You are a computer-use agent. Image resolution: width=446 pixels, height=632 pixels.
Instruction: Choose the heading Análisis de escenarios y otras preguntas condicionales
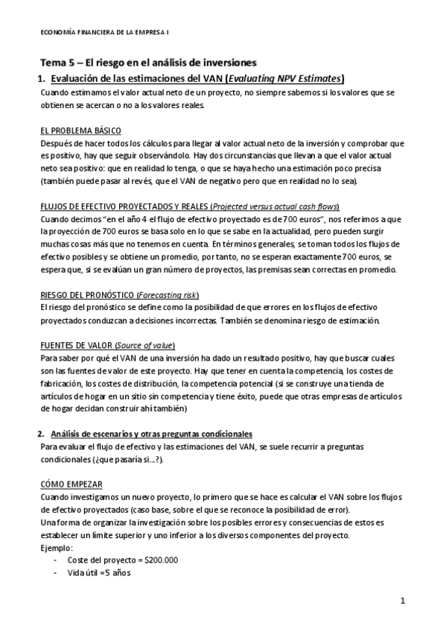(x=152, y=434)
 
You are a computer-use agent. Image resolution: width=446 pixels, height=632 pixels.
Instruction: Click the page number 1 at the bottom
(x=403, y=600)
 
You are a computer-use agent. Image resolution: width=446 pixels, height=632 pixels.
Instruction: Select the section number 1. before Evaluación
(x=42, y=79)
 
